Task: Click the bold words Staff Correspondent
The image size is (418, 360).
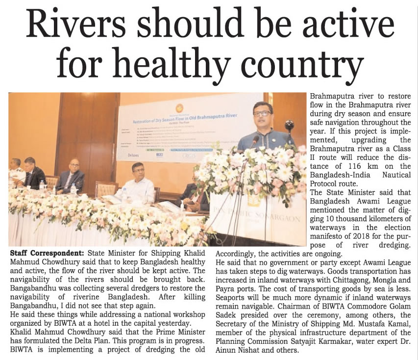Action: click(46, 253)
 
